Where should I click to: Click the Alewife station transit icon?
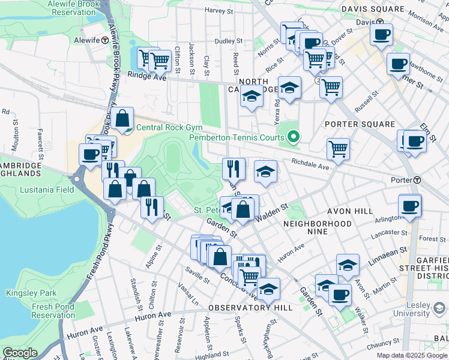click(105, 40)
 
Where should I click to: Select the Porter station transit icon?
click(417, 180)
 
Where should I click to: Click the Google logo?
click(20, 353)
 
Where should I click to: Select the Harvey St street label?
click(218, 10)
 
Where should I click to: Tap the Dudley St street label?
click(228, 41)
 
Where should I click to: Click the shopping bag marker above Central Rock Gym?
click(122, 119)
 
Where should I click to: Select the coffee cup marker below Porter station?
click(410, 206)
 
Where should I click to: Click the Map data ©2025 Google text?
click(411, 355)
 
